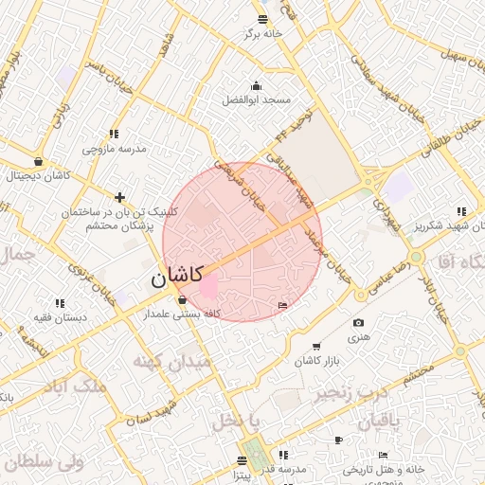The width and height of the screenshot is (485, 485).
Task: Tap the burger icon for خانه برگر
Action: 263,19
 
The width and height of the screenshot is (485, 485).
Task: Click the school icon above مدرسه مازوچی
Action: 114,134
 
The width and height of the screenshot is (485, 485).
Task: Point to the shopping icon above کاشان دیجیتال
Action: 38,161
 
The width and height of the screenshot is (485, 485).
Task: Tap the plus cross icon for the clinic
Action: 119,197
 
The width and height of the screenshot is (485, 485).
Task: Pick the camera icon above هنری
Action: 358,323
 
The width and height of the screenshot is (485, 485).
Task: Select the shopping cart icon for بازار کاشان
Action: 315,348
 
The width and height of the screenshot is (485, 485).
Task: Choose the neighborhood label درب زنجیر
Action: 351,390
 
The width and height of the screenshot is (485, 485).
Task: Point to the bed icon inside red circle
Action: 283,304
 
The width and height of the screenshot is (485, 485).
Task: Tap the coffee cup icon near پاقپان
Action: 338,440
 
